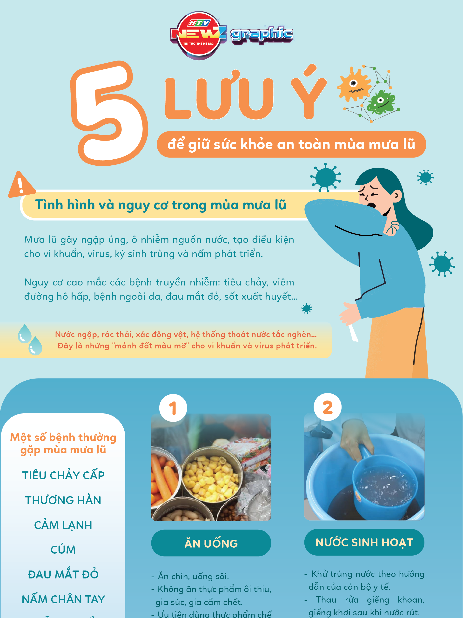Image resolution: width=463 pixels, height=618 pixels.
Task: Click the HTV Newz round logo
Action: [x=199, y=35]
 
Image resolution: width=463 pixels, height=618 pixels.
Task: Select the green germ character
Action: [x=381, y=102]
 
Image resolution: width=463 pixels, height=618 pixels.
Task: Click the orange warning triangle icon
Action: [x=21, y=185]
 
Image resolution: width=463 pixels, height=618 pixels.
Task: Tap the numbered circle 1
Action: [x=173, y=408]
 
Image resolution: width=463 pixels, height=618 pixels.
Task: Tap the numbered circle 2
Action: [x=327, y=407]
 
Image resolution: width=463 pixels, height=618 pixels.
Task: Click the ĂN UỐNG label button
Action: [x=211, y=543]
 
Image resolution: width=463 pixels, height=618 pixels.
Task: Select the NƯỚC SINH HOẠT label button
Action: [x=364, y=542]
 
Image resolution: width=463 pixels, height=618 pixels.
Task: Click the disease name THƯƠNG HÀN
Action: [x=63, y=500]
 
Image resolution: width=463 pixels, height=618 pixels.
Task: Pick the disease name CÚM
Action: [x=63, y=550]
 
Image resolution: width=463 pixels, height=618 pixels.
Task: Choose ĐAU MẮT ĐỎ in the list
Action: [x=63, y=574]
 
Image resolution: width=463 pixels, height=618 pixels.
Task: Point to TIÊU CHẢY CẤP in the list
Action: [x=63, y=475]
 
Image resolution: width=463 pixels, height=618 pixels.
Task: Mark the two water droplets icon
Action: [x=30, y=340]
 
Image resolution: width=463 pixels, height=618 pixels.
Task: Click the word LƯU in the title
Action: [x=219, y=96]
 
